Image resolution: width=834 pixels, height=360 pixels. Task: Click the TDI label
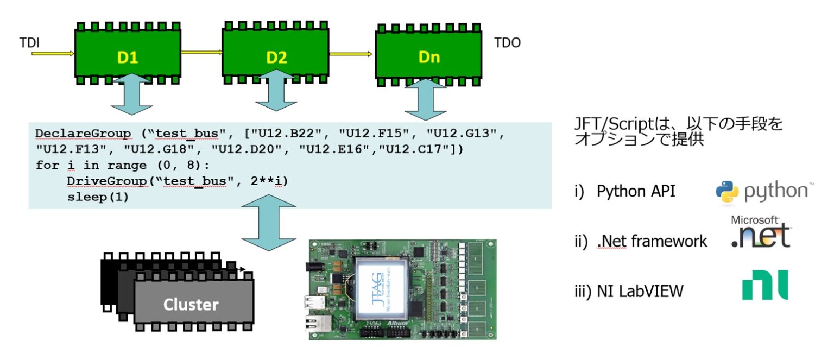[29, 42]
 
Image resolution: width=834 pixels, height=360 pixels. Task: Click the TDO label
[507, 42]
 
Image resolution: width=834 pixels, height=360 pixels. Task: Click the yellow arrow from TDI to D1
[52, 53]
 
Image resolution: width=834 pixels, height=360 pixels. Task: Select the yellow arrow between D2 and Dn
[350, 53]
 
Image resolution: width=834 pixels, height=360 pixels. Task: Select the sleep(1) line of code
[98, 197]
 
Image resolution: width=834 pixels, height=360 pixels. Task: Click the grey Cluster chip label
[191, 304]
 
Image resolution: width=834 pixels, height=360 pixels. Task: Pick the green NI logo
[764, 286]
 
